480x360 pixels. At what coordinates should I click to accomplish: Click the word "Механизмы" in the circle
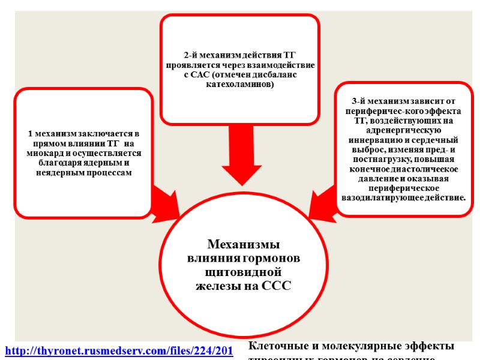pyautogui.click(x=244, y=245)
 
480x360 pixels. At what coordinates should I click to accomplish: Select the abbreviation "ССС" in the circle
pyautogui.click(x=277, y=286)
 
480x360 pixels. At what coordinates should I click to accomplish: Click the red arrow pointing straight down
pyautogui.click(x=239, y=159)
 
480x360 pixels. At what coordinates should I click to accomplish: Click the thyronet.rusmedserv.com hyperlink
pyautogui.click(x=119, y=350)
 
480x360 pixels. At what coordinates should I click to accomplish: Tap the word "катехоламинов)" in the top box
pyautogui.click(x=239, y=84)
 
